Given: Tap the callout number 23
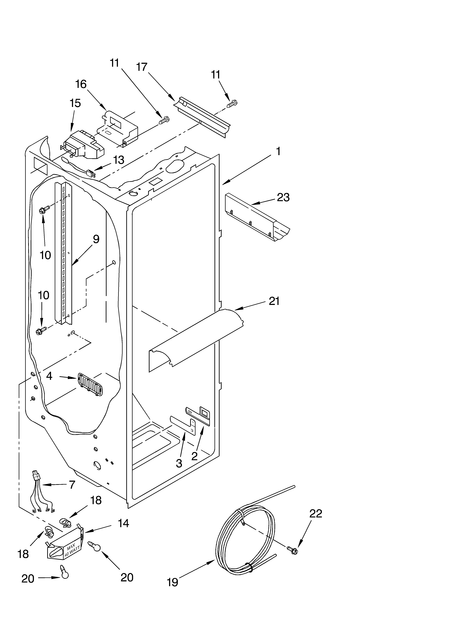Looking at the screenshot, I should tap(283, 197).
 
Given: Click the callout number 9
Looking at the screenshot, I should tap(96, 239).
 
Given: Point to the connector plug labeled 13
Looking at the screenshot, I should tap(91, 174).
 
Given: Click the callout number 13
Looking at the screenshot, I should tap(119, 160).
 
